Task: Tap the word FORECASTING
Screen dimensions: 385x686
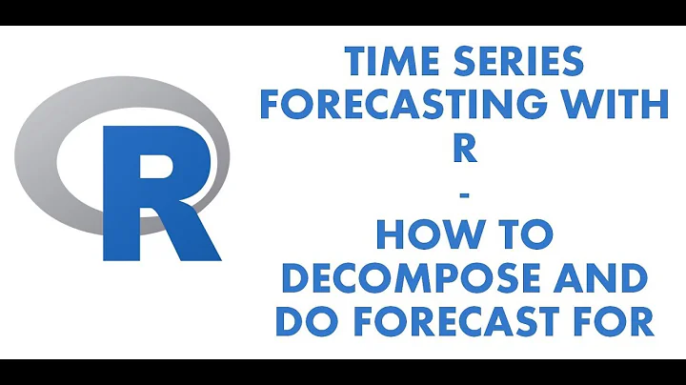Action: [x=414, y=104]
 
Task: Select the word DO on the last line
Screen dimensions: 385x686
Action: [x=304, y=321]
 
